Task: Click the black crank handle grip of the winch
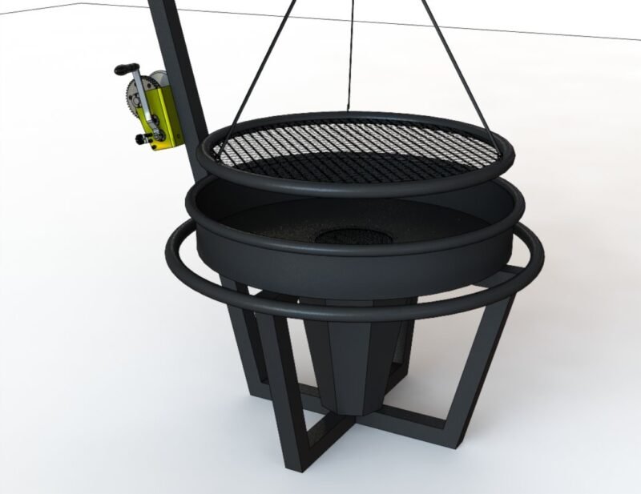point(124,70)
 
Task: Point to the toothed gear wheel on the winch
point(148,100)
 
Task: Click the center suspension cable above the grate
point(351,56)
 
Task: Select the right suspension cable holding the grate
point(449,56)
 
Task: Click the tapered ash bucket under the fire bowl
point(357,360)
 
